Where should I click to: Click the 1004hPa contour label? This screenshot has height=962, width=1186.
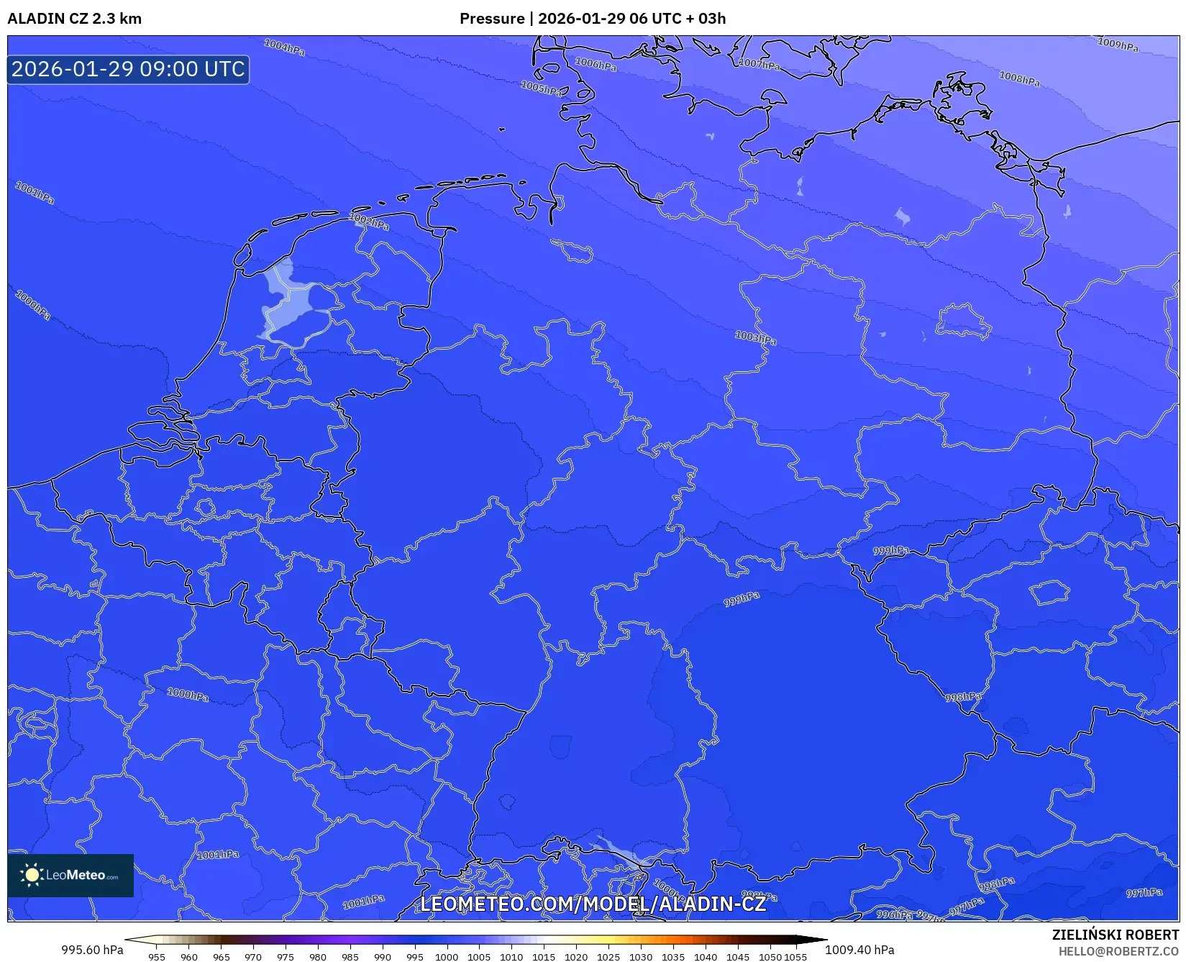pyautogui.click(x=284, y=47)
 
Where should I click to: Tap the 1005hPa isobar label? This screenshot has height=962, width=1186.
pyautogui.click(x=542, y=89)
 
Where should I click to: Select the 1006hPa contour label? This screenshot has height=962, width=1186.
pyautogui.click(x=596, y=64)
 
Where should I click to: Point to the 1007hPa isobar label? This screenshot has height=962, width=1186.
pyautogui.click(x=759, y=63)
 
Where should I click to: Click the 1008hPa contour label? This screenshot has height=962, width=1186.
pyautogui.click(x=1019, y=78)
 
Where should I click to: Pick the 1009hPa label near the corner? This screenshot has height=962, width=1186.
pyautogui.click(x=1118, y=45)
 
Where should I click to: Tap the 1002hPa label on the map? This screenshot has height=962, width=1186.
pyautogui.click(x=370, y=221)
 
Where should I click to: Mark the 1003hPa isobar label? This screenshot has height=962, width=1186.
pyautogui.click(x=755, y=337)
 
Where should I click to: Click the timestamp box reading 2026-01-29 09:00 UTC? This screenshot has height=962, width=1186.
pyautogui.click(x=128, y=69)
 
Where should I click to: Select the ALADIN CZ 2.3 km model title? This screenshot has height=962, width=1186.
pyautogui.click(x=75, y=19)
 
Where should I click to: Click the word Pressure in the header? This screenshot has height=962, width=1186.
pyautogui.click(x=492, y=19)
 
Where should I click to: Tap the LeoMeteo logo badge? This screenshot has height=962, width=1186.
pyautogui.click(x=70, y=875)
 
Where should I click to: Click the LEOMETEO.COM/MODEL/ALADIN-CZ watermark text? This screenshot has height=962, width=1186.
pyautogui.click(x=593, y=904)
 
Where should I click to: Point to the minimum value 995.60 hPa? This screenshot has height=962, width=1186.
pyautogui.click(x=92, y=950)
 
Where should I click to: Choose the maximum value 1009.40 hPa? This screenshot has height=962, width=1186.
pyautogui.click(x=859, y=950)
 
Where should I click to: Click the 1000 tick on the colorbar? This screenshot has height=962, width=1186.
pyautogui.click(x=447, y=957)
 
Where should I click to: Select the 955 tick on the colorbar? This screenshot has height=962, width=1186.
pyautogui.click(x=157, y=957)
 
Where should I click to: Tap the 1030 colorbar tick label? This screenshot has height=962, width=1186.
pyautogui.click(x=641, y=957)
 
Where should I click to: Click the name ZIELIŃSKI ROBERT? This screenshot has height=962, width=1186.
pyautogui.click(x=1116, y=935)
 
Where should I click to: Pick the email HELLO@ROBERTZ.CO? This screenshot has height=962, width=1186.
pyautogui.click(x=1118, y=951)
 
